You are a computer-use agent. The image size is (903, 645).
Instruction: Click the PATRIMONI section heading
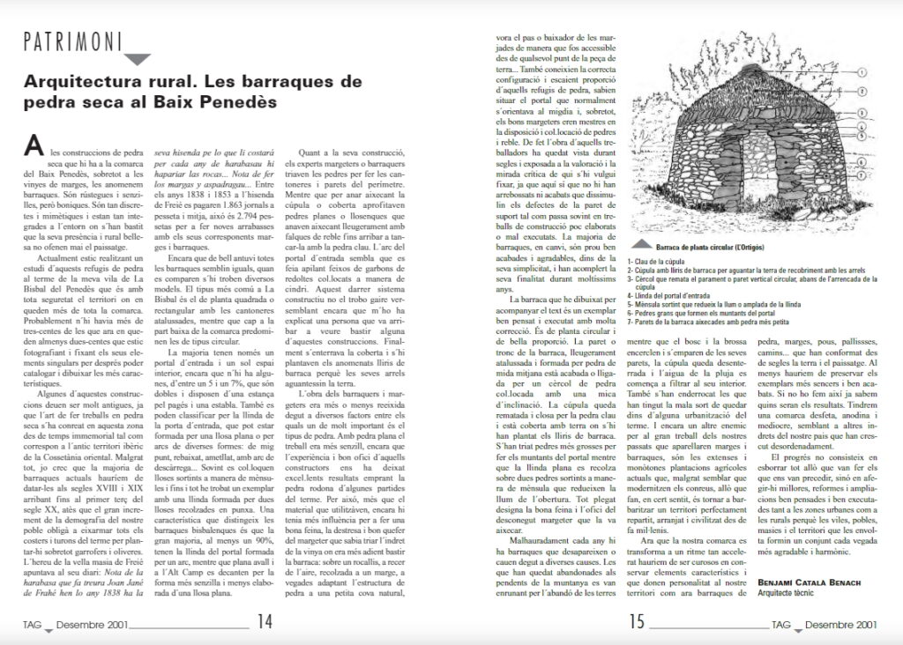pyautogui.click(x=71, y=40)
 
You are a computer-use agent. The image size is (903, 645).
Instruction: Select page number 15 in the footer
pyautogui.click(x=638, y=621)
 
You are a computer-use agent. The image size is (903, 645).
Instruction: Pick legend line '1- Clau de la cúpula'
pyautogui.click(x=675, y=263)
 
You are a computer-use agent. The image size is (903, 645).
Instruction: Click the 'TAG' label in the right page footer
pyautogui.click(x=780, y=626)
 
